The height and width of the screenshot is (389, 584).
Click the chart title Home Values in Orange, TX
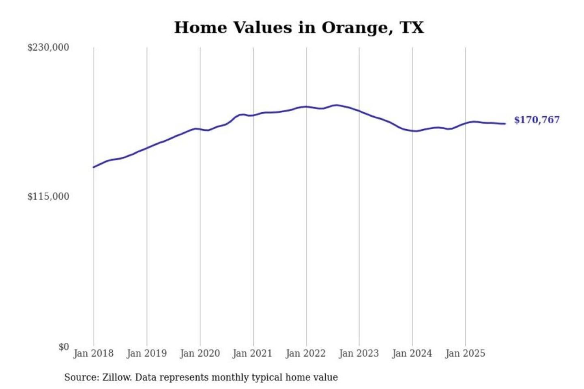click(x=299, y=28)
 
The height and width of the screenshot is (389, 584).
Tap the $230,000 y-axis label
click(x=48, y=47)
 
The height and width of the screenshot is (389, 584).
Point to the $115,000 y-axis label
click(x=48, y=197)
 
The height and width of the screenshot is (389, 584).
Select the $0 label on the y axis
click(x=64, y=347)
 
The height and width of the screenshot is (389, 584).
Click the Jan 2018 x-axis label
click(x=93, y=353)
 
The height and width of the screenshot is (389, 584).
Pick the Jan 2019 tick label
click(x=146, y=353)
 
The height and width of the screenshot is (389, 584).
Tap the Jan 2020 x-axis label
click(x=200, y=353)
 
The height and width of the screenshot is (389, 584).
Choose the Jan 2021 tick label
click(x=252, y=353)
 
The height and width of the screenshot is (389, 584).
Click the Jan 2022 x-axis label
click(x=305, y=353)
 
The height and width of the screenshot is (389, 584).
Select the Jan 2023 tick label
click(x=359, y=353)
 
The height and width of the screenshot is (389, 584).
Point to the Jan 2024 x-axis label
click(x=412, y=353)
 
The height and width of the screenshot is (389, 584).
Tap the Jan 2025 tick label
click(x=465, y=353)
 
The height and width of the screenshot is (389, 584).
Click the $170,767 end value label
click(x=537, y=120)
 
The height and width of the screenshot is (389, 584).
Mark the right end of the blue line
click(x=505, y=124)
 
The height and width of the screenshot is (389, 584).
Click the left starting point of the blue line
click(x=94, y=167)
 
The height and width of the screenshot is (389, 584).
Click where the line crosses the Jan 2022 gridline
click(x=307, y=107)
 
